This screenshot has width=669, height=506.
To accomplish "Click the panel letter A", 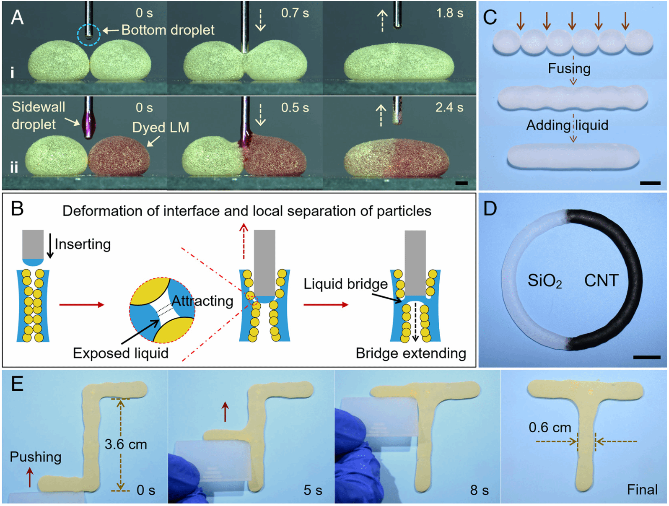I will coord(17,18).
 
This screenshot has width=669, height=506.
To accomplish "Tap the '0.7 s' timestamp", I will coord(295,13).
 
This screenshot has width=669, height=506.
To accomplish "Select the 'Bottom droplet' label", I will coord(167,30).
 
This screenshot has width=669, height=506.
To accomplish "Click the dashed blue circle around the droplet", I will coord(88,34).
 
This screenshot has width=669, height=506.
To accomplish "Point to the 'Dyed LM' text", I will coord(161,127).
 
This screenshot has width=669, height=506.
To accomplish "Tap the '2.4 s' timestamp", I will coord(449,108).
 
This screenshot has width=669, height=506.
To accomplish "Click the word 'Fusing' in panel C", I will coord(569,68).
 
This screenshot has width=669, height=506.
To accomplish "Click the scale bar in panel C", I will coord(650,183).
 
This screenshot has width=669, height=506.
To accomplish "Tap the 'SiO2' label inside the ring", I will coord(544,281).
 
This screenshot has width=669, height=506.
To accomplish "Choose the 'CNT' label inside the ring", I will coord(601,280).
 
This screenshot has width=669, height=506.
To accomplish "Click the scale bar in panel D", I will coord(646,358).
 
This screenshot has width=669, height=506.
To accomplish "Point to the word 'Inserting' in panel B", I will coord(83,244).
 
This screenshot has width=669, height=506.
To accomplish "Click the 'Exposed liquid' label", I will coord(121,353).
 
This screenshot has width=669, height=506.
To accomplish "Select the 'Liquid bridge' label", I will coord(345,284).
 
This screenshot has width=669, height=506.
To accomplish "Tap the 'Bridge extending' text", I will coord(410,353).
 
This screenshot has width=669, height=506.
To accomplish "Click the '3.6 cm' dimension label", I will coord(126,444).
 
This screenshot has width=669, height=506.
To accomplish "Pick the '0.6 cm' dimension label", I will coord(550,428).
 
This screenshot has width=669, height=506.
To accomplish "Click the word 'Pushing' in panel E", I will coord(36,457).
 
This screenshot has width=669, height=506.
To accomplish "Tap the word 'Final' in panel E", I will coord(642,490).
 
